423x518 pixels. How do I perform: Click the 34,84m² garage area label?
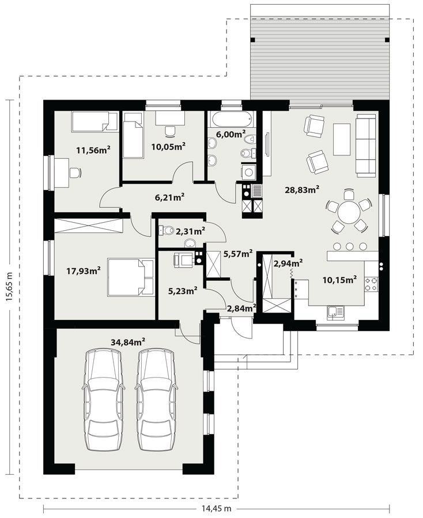[128, 342]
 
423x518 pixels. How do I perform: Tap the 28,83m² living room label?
[302, 189]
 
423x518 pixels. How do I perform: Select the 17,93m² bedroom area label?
[84, 271]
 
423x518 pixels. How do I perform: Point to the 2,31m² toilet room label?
[190, 231]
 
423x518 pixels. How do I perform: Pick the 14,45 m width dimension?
[216, 508]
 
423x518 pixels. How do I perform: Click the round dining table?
[348, 212]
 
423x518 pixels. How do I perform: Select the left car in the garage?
[104, 400]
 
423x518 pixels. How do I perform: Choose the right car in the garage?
[156, 400]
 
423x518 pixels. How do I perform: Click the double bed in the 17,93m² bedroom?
[131, 277]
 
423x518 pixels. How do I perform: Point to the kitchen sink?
[335, 312]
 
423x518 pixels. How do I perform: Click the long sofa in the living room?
[366, 144]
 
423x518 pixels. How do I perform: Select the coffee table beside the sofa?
[342, 139]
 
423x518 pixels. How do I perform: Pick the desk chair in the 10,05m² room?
[169, 131]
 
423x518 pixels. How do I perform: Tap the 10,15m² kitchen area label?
[339, 280]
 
